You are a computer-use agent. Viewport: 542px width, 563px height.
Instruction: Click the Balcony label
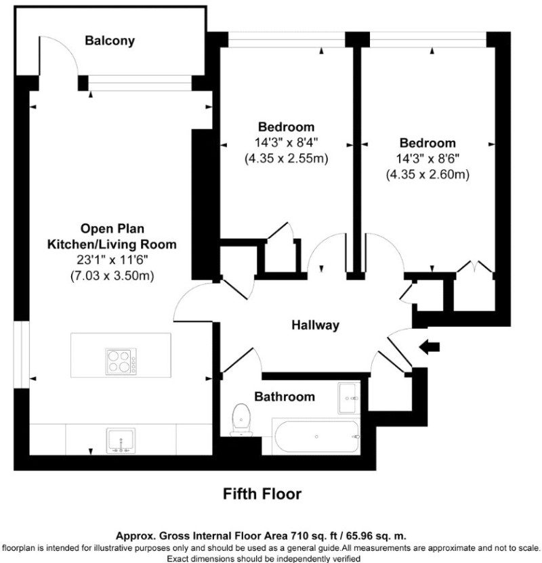[x=110, y=41]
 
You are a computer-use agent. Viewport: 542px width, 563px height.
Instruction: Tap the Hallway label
[x=315, y=325]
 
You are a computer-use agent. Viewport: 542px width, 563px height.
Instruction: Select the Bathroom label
[x=285, y=397]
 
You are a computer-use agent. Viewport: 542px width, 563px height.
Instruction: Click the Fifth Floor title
[x=262, y=494]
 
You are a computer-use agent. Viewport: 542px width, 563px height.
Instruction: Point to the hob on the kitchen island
[x=121, y=361]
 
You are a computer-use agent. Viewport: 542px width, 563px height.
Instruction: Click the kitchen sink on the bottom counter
[x=121, y=441]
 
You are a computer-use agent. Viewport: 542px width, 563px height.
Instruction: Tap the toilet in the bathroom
[x=241, y=420]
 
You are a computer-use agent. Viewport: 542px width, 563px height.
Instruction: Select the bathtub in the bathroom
[x=316, y=436]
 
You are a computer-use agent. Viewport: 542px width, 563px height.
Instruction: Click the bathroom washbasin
[x=348, y=398]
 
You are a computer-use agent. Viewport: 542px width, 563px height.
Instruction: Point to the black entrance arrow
[x=430, y=347]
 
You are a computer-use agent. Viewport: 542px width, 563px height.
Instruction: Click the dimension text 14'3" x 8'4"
[x=287, y=143]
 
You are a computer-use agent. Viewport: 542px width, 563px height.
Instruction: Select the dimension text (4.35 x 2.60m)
[x=428, y=175]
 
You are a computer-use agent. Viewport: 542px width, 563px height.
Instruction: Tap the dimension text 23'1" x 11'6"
[x=112, y=260]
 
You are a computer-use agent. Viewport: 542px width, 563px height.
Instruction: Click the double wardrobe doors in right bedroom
[x=474, y=267]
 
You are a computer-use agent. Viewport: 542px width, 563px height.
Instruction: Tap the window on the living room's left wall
[x=22, y=355]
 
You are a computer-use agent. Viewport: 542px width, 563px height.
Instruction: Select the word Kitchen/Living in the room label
[x=91, y=244]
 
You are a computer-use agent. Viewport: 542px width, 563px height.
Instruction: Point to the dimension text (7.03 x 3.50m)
[x=112, y=276]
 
